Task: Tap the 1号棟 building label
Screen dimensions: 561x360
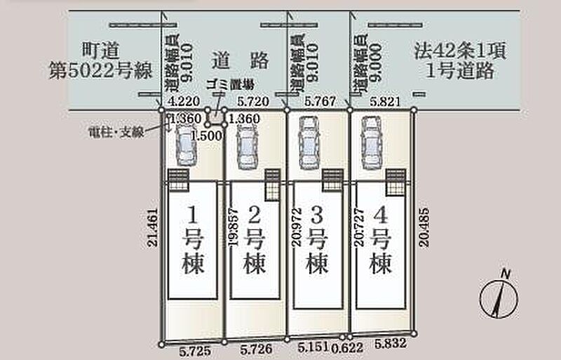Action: [189, 241]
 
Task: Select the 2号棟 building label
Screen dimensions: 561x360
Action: [254, 241]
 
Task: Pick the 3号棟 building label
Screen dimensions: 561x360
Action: [318, 241]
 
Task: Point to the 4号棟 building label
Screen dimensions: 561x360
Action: [381, 241]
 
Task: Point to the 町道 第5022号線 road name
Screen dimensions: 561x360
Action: [94, 60]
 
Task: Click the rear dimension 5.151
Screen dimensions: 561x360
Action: [312, 346]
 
